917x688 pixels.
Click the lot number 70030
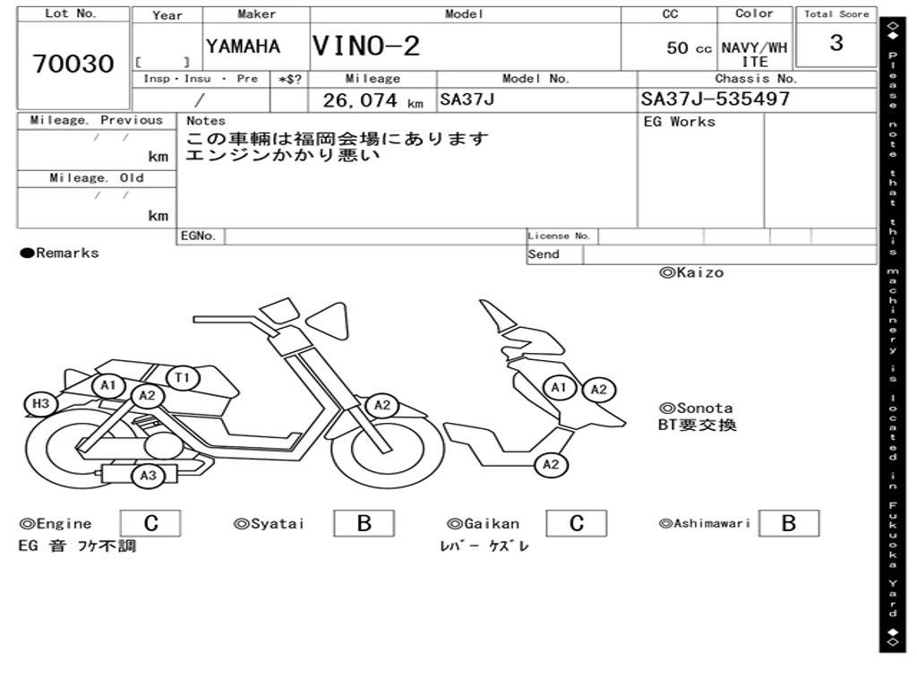coord(73,64)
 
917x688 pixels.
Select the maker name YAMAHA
coord(243,47)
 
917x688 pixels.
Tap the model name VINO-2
coord(366,46)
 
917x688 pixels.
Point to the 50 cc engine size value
coord(689,48)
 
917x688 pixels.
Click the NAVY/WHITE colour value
coord(754,54)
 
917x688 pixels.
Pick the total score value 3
coord(836,43)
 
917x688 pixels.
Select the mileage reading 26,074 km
coord(372,100)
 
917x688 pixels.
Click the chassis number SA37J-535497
coord(716,99)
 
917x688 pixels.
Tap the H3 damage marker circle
coord(40,404)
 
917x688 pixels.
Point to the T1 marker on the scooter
coord(182,378)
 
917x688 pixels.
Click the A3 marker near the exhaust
coord(148,476)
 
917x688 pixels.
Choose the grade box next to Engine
coord(150,523)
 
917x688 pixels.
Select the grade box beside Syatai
coord(364,523)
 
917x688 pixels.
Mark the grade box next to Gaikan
coord(577,523)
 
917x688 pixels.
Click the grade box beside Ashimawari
coord(788,523)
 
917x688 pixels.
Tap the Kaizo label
coord(691,272)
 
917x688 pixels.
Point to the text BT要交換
coord(697,425)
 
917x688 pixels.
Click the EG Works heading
coord(680,122)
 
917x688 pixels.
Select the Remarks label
coord(60,254)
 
